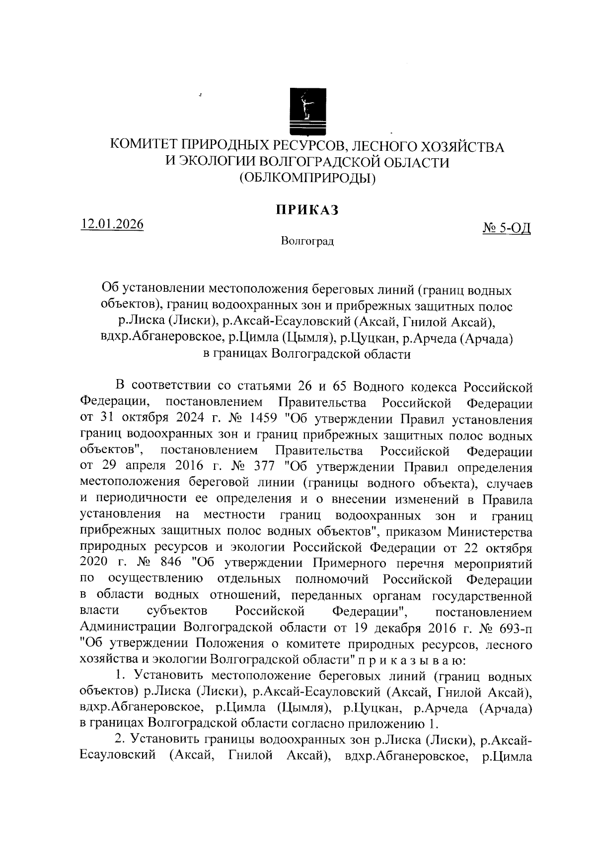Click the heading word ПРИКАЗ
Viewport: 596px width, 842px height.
click(307, 210)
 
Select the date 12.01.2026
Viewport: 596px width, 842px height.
click(113, 224)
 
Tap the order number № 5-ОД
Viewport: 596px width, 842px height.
click(507, 229)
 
